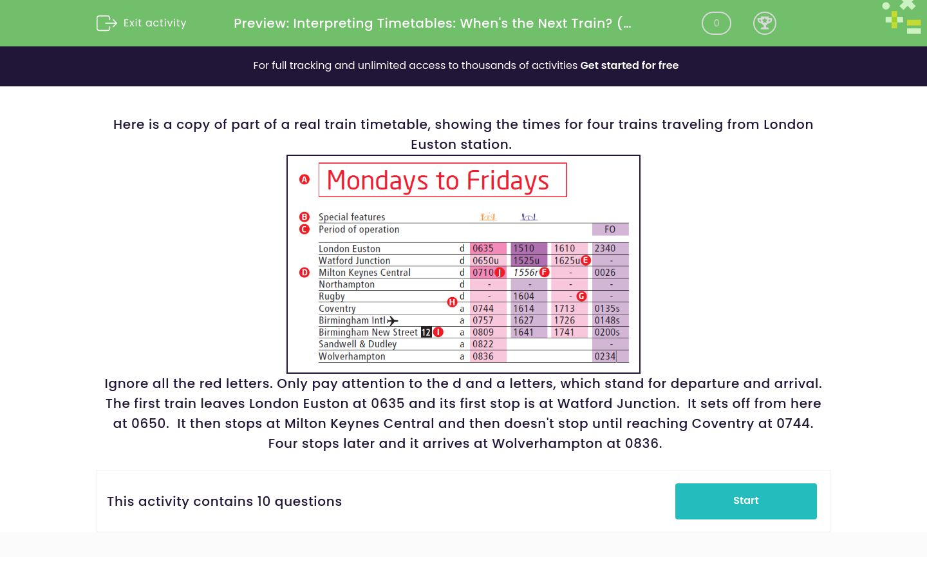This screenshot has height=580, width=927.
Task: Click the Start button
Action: point(745,501)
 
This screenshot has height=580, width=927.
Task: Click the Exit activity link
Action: point(142,23)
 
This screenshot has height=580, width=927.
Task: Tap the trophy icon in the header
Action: point(764,23)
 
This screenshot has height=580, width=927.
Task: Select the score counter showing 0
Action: point(716,23)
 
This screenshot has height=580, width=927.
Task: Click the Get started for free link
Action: point(629,65)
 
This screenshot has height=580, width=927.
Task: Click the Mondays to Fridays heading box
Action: point(442,180)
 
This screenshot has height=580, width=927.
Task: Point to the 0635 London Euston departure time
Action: point(483,248)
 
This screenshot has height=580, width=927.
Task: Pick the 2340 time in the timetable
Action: point(605,248)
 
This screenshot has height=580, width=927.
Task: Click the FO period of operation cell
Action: point(610,229)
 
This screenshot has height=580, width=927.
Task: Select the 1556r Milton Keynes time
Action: point(525,273)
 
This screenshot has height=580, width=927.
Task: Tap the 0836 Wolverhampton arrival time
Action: point(483,356)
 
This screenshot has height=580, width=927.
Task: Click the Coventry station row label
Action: point(337,309)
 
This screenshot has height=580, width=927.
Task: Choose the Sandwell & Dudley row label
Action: point(357,344)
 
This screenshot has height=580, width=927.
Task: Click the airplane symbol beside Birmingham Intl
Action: point(393,320)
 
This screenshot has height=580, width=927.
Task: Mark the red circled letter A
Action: point(304,179)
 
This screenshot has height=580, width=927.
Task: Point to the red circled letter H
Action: point(452,302)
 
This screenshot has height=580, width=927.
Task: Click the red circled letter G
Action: point(581,296)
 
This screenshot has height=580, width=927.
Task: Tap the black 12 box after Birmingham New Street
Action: point(426,333)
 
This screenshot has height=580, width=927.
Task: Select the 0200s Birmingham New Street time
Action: point(607,333)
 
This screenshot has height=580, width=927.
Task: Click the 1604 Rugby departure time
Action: point(523,296)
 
